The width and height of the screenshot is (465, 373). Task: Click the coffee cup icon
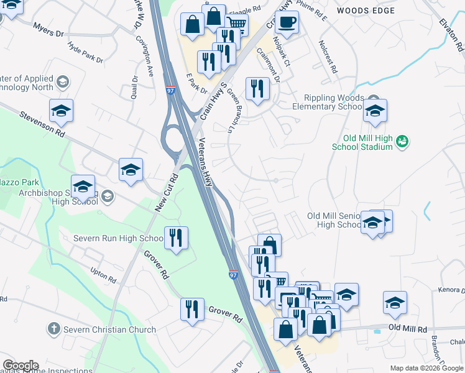point(286,22)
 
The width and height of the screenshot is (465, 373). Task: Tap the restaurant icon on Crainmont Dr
point(257,88)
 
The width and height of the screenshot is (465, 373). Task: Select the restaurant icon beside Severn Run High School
point(176,237)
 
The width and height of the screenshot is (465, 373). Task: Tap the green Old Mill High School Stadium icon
point(402,142)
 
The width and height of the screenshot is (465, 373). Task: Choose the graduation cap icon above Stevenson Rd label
point(62,110)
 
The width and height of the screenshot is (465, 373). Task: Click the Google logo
point(21,366)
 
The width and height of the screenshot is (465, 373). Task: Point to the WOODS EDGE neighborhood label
point(366,11)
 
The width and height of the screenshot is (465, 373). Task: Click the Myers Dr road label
point(49,30)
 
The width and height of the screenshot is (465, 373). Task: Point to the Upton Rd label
point(103,276)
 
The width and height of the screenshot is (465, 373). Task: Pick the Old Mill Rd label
point(408,328)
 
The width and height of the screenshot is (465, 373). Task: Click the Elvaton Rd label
point(451,37)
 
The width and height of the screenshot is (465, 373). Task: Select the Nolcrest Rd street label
point(327,57)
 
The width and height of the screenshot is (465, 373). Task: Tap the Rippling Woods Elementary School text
point(333,102)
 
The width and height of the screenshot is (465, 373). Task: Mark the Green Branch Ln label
point(234,109)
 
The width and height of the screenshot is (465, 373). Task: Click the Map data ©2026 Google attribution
point(426,368)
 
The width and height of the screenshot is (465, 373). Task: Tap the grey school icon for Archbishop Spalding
point(107,196)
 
